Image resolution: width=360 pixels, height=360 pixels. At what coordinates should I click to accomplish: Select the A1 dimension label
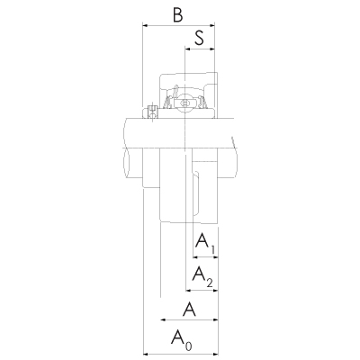[x=205, y=242]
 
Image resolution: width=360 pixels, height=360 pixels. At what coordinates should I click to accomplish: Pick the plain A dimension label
[x=190, y=310]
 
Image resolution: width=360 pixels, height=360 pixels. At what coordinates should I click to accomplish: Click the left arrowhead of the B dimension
[x=146, y=26]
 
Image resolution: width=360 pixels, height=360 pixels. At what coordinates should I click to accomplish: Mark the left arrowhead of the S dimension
[x=188, y=50]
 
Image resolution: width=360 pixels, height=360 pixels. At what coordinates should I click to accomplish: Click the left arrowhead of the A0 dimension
[x=146, y=352]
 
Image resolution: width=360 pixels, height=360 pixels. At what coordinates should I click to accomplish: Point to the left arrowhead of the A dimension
[x=163, y=320]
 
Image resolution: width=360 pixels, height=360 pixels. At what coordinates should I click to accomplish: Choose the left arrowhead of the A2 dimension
[x=188, y=290]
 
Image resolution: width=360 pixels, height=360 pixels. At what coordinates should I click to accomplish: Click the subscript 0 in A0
[x=188, y=346]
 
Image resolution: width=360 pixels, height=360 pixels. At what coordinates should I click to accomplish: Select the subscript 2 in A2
[x=210, y=283]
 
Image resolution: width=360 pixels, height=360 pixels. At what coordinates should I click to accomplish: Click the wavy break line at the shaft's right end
[x=235, y=157]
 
